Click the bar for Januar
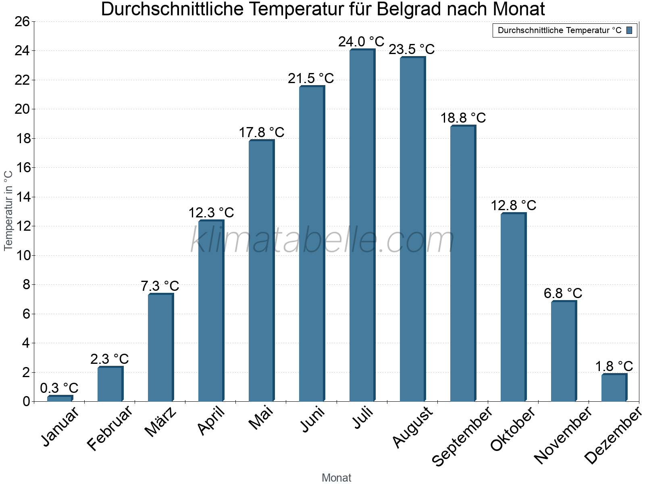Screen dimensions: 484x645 coord(60,398)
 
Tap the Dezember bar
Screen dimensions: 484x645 coord(614,388)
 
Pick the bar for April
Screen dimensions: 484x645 coord(211,311)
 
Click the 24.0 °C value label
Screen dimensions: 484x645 coord(361,42)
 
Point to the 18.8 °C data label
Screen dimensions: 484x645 coord(463,118)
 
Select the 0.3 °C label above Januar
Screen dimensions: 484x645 coord(59,388)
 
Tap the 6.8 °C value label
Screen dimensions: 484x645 coord(563,293)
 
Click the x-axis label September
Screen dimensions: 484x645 coord(462,436)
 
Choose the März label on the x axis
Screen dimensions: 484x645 coord(161,422)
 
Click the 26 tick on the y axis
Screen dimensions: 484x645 coord(22,21)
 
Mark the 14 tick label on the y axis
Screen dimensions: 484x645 coord(22,197)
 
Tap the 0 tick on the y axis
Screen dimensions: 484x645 coord(26,401)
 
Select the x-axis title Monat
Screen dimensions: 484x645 coord(336,478)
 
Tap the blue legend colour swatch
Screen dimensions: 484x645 coord(629,30)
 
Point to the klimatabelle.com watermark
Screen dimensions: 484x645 coord(322,240)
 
